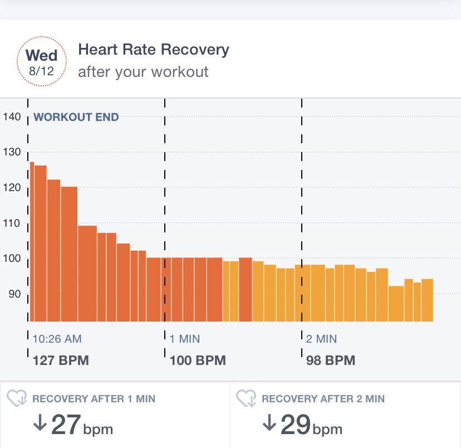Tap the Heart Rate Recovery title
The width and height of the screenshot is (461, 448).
[x=154, y=50]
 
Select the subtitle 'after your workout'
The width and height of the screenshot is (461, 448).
[x=143, y=72]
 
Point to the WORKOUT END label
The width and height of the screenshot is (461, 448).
[x=76, y=117]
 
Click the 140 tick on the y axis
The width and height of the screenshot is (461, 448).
[x=12, y=117]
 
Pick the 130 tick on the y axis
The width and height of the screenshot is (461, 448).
[x=12, y=152]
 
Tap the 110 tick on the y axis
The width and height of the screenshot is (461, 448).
[x=12, y=223]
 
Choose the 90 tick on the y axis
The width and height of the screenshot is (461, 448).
[x=14, y=294]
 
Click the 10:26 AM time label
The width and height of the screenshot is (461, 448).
[x=57, y=339]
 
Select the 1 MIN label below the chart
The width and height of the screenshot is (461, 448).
[x=185, y=339]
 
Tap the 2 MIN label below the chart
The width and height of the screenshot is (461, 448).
[x=321, y=339]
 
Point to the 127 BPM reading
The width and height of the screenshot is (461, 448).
[x=61, y=361]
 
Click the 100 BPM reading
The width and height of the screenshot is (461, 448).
[x=198, y=361]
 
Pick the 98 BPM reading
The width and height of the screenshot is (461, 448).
[x=331, y=361]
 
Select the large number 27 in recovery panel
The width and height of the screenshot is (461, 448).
[x=66, y=425]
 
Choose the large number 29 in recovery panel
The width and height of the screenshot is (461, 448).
[x=295, y=425]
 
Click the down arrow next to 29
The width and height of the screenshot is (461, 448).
[x=269, y=423]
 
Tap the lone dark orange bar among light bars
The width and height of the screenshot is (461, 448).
[x=246, y=289]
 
